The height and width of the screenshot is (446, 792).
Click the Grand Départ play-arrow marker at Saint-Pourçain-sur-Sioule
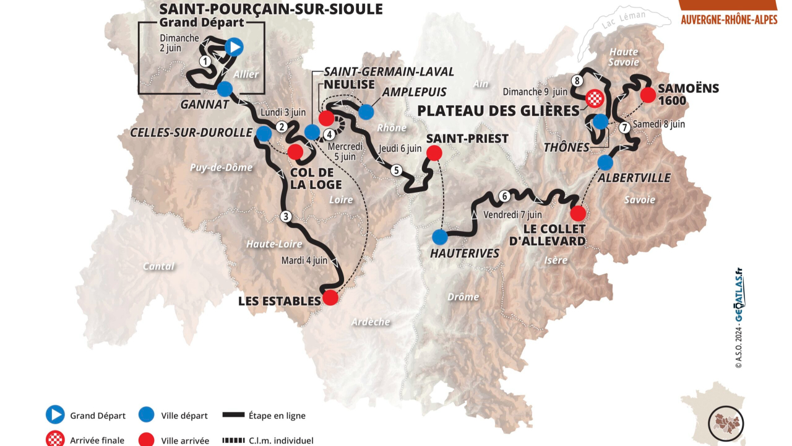point(234,46)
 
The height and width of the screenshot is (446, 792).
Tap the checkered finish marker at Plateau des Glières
point(595,98)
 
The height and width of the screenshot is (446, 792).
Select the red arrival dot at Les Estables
point(331,297)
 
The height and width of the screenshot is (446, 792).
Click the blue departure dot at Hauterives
point(440,237)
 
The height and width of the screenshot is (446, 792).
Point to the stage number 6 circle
point(505,196)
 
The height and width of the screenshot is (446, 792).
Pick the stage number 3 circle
point(285,216)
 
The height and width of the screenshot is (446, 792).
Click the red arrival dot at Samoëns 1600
point(648,95)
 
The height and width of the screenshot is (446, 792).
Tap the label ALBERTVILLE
point(634,178)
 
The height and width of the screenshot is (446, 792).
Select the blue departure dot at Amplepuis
point(366,111)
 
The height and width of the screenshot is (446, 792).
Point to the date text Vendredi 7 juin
point(513,215)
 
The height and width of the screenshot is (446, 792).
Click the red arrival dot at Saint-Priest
point(434,152)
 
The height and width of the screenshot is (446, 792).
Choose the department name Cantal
point(158,266)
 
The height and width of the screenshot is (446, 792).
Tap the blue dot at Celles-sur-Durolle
point(264,133)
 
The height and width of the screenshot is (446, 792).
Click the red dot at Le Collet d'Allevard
point(577,214)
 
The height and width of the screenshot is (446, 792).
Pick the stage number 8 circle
point(577,81)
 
